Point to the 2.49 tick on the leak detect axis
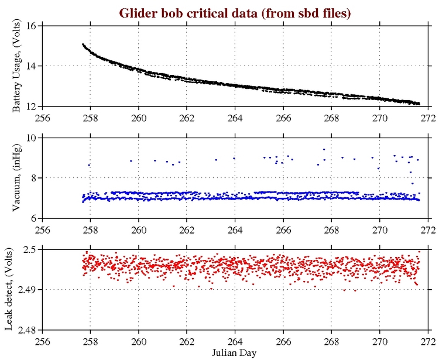29,290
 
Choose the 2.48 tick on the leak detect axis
29,330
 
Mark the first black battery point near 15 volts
83,44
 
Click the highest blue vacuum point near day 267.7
324,149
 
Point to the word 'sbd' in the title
307,12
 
